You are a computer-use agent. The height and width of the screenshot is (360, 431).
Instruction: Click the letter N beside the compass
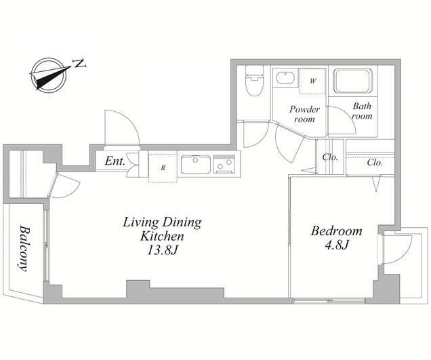pos(80,64)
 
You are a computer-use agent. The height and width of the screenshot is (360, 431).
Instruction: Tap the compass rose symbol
pos(49,75)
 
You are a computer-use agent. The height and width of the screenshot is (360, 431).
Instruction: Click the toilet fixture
pos(254,81)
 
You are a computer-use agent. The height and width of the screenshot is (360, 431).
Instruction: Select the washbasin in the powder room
pos(285,78)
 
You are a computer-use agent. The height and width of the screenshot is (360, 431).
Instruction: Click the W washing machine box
pos(312,81)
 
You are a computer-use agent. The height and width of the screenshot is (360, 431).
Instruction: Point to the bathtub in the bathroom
pos(352,81)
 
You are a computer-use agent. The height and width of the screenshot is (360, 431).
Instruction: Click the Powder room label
pos(304,114)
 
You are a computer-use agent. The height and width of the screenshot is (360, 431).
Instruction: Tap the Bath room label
pos(362,111)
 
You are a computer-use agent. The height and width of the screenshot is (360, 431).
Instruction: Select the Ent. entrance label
pos(115,161)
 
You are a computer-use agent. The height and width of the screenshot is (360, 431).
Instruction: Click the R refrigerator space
pos(163,168)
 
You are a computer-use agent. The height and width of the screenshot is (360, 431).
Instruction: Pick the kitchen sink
pos(195,165)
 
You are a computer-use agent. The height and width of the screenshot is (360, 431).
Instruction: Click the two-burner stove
pos(224,165)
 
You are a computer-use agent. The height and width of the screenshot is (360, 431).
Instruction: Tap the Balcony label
pos(25,248)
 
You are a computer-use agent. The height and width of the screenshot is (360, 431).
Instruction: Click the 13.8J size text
pos(162,249)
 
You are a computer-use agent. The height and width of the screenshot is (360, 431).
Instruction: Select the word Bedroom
pos(336,231)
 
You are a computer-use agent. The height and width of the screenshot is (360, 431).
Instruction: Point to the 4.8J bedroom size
pos(336,245)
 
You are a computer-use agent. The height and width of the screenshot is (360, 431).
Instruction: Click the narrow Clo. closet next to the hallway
pos(330,157)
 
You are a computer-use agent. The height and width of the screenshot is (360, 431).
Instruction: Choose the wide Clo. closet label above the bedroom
pos(375,163)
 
